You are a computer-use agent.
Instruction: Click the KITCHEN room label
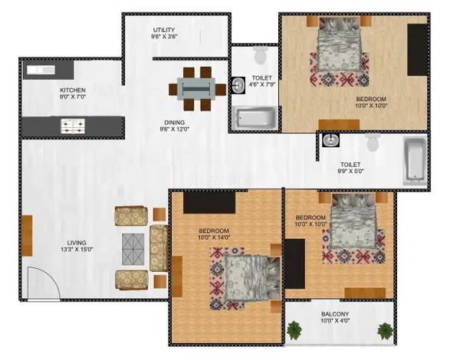pos(73,90)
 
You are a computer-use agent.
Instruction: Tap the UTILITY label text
pos(164,30)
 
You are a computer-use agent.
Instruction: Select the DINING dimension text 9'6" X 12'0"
pos(175,129)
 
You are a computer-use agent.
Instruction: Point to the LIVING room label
pos(77,243)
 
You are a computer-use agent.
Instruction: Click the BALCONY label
pos(335,314)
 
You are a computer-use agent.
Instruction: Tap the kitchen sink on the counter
pos(41,70)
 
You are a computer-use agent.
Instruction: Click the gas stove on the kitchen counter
pos(73,126)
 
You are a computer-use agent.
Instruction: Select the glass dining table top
pos(196,89)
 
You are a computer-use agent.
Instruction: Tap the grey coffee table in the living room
pos(133,249)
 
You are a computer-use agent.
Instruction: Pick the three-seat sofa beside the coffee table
pos(159,248)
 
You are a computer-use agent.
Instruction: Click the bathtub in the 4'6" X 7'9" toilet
pos(254,118)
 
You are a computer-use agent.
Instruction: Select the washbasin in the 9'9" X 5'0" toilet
pos(330,140)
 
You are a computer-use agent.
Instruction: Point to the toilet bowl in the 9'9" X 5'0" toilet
pos(373,142)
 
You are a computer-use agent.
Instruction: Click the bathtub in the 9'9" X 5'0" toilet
pos(415,161)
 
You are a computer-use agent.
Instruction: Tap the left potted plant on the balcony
pos(294,330)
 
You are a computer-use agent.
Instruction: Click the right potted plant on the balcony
pos(385,331)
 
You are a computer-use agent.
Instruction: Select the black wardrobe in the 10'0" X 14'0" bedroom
pos(209,202)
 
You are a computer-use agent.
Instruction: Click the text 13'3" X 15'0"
pos(77,250)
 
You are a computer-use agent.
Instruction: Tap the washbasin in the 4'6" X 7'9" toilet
pos(238,85)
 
